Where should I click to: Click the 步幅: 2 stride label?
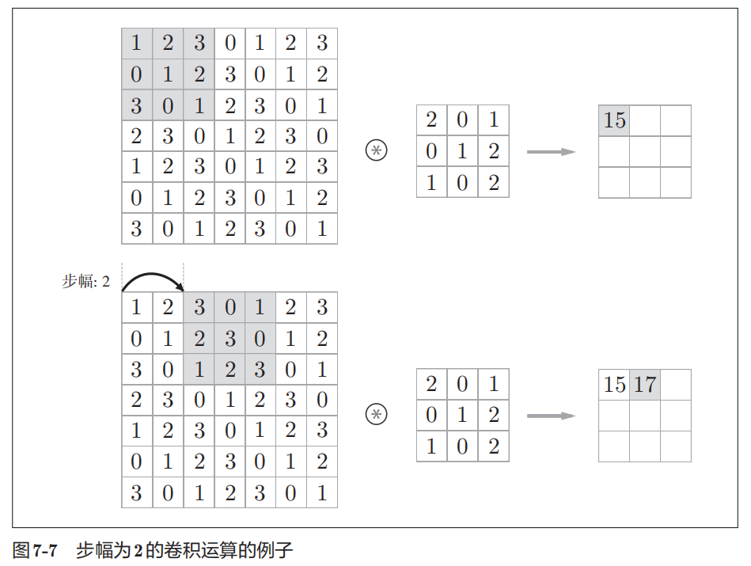pos(85,282)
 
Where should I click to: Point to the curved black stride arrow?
pos(152,277)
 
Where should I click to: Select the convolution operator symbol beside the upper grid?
pos(377,150)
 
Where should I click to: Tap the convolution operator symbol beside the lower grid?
pos(377,415)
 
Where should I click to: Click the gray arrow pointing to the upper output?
pos(551,151)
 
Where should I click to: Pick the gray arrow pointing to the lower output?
pos(551,416)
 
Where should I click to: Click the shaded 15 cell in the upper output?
pos(614,120)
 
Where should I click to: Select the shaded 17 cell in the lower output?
pos(645,385)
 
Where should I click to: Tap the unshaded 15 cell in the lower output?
pos(614,385)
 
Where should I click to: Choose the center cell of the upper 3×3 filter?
pos(462,151)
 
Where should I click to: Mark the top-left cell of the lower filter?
pos(431,385)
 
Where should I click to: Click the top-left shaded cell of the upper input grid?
pos(136,43)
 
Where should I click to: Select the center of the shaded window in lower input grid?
pos(229,339)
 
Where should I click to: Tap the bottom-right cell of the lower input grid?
pos(321,492)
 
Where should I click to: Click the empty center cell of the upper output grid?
pos(645,151)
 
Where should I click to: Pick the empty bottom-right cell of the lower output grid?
pos(676,446)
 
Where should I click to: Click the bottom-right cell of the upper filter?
pos(494,182)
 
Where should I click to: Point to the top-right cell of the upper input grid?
pos(321,43)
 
